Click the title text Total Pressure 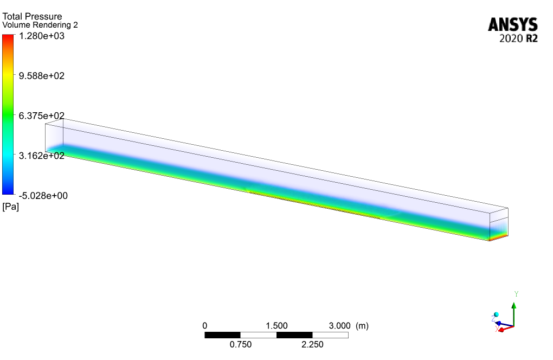pyautogui.click(x=32, y=16)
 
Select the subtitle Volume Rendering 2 pyautogui.click(x=40, y=25)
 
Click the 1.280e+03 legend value pyautogui.click(x=42, y=36)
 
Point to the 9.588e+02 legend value pyautogui.click(x=42, y=76)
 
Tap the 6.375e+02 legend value pyautogui.click(x=42, y=115)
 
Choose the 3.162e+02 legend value pyautogui.click(x=42, y=156)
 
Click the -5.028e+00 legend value pyautogui.click(x=43, y=196)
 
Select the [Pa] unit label pyautogui.click(x=11, y=207)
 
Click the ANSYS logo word pyautogui.click(x=513, y=25)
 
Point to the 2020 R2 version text pyautogui.click(x=518, y=38)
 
